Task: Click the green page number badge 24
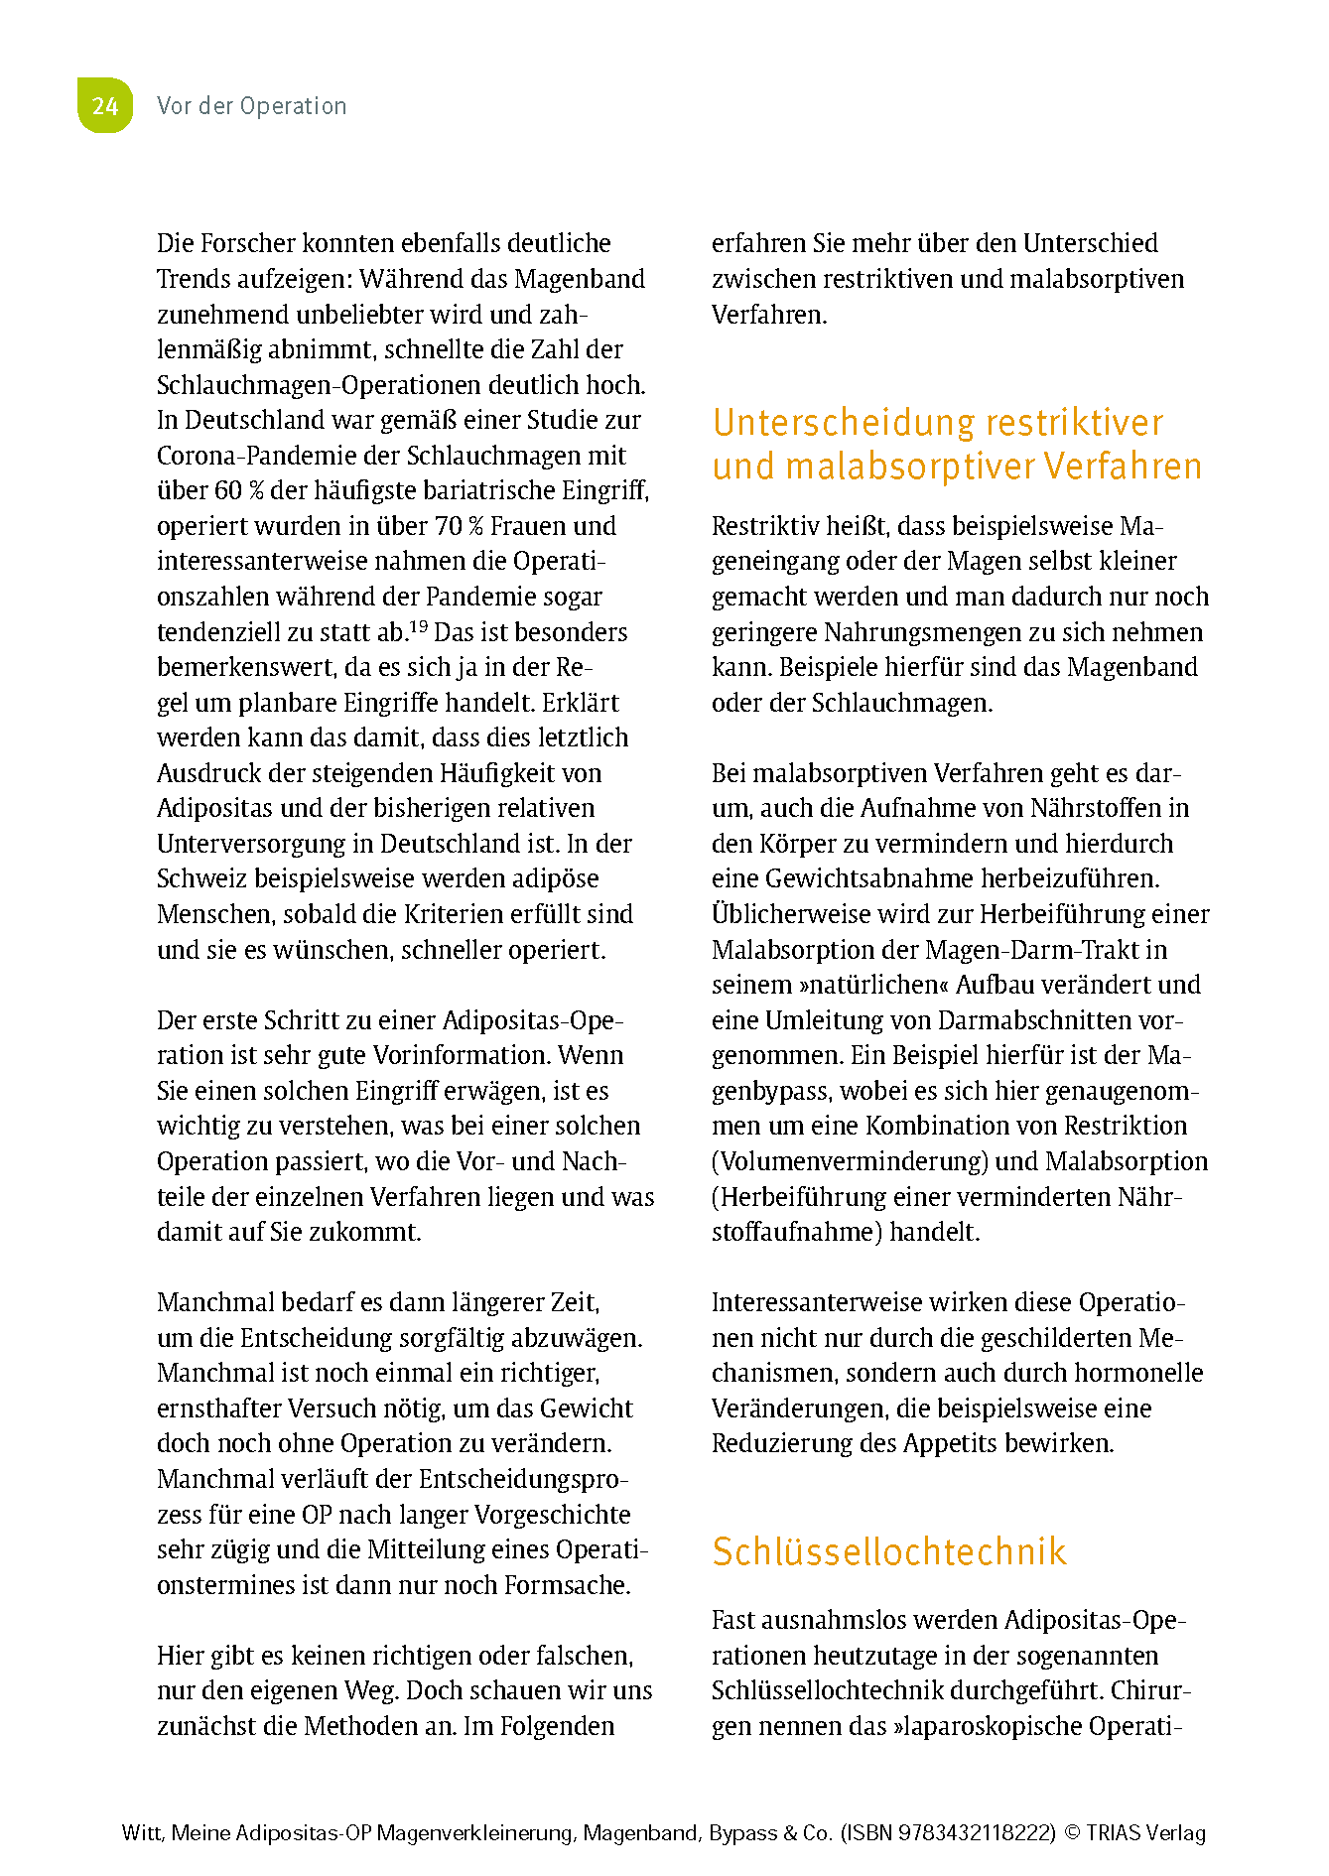104,105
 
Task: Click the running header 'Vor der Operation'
251,106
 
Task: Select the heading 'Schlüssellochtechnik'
888,1551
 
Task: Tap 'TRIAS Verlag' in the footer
1145,1833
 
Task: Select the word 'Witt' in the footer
140,1833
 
